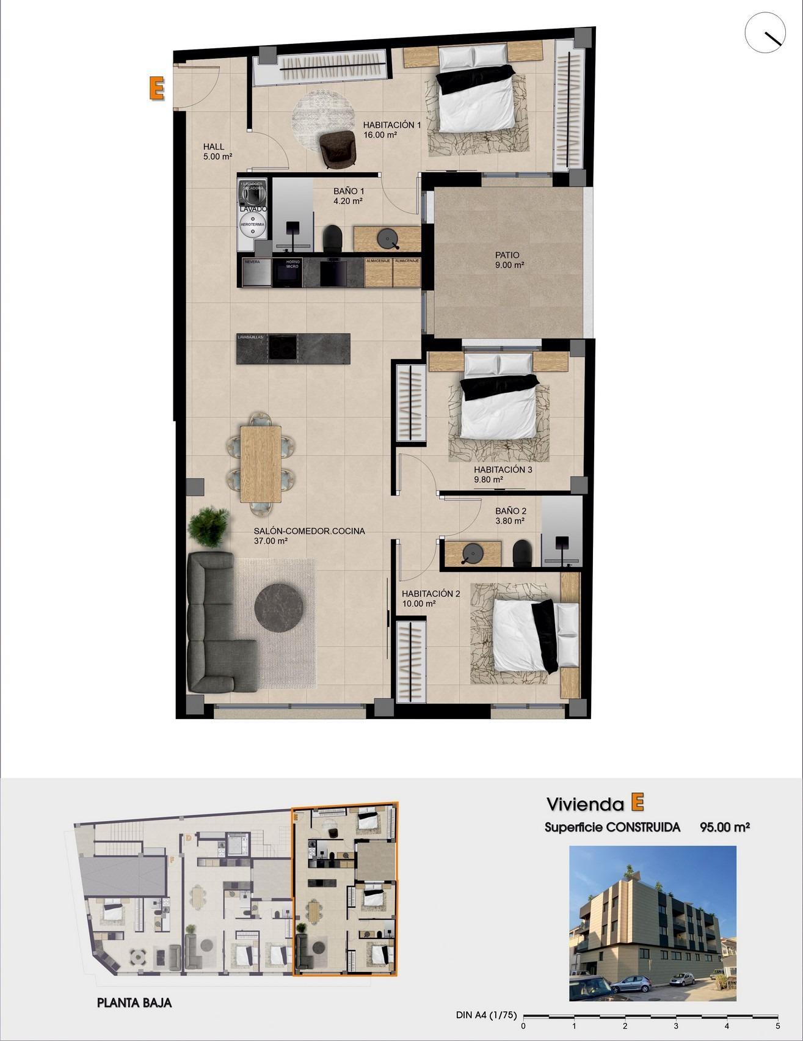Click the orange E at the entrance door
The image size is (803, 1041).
point(156,88)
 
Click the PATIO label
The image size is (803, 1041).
point(507,255)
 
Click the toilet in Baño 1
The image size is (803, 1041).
point(333,238)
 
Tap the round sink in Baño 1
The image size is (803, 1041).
point(387,238)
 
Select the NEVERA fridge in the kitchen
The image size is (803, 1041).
point(257,273)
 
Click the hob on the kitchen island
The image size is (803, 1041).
point(283,348)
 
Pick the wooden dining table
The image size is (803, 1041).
point(261,462)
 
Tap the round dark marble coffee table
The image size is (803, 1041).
point(279,607)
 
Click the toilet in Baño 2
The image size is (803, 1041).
point(523,552)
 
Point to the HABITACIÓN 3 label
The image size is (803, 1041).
point(503,470)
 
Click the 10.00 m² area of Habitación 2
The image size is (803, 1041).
point(418,604)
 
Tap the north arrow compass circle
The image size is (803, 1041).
point(765,33)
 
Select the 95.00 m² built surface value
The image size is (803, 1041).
point(724,827)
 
